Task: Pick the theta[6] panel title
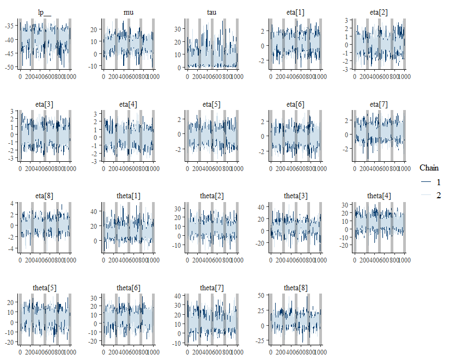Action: [x=129, y=288]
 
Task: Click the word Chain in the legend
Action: [x=429, y=168]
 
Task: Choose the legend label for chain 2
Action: [x=439, y=195]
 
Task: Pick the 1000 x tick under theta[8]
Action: [x=320, y=352]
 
